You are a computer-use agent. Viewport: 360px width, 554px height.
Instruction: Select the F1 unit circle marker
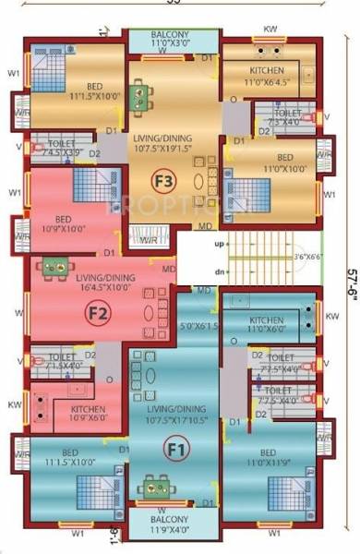tap(173, 449)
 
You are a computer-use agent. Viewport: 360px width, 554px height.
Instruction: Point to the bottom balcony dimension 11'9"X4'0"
tap(173, 530)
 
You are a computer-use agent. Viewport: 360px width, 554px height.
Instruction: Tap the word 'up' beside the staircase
tap(219, 245)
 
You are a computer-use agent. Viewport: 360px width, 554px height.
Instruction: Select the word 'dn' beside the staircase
tap(219, 273)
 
